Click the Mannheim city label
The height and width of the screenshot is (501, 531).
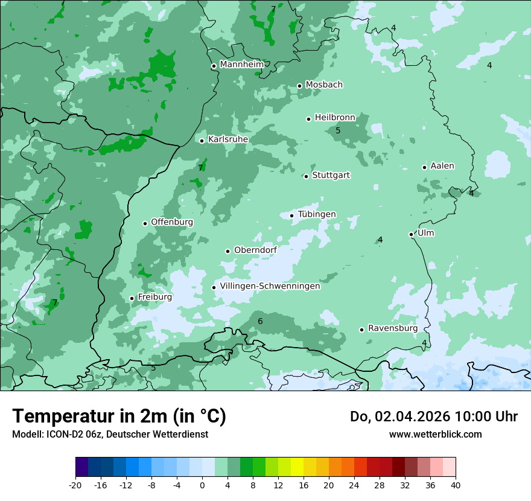241,64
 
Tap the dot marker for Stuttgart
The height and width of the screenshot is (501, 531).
306,176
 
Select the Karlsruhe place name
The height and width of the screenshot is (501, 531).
228,139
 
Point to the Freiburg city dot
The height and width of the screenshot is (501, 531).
132,298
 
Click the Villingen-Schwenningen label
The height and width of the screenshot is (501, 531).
270,286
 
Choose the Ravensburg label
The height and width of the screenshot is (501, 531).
393,328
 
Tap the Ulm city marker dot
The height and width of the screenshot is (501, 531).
411,234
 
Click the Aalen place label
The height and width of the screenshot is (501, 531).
442,166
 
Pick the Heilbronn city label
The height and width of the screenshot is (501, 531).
335,118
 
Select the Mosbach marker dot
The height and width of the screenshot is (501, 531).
299,86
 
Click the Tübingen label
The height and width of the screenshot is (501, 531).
317,214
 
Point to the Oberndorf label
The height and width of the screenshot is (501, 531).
256,250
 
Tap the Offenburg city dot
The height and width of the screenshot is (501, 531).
145,223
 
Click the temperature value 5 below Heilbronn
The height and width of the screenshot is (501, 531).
338,130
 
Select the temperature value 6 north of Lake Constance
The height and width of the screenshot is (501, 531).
260,321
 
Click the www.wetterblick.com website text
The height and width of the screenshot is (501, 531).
435,434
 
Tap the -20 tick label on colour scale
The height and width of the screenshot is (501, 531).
75,485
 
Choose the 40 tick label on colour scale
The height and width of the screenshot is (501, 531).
455,485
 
